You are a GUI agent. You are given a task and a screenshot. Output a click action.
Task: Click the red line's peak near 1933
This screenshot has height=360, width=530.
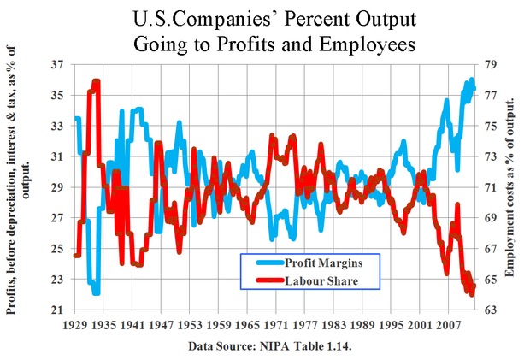(x=96, y=82)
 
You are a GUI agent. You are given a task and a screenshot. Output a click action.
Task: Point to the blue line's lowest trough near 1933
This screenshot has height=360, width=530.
(x=96, y=292)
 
